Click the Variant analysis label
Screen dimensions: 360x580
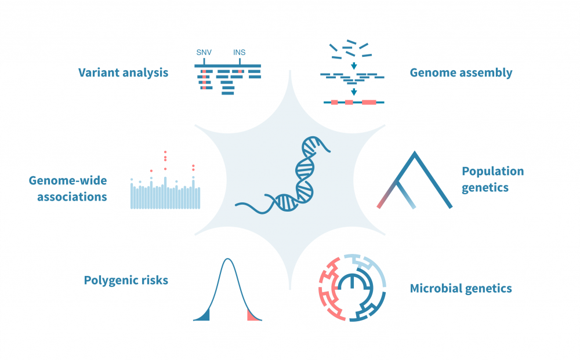(x=124, y=72)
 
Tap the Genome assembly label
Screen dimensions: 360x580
(x=461, y=72)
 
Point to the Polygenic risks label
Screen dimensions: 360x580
(x=126, y=281)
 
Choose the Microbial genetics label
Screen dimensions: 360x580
(x=461, y=288)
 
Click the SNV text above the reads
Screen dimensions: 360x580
(x=204, y=53)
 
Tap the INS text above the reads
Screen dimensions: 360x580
(x=239, y=53)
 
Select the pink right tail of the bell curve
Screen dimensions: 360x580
(x=252, y=315)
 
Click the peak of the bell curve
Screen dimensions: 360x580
(x=228, y=259)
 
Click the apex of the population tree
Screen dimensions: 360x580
(x=415, y=154)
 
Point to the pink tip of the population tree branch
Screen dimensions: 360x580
(x=380, y=205)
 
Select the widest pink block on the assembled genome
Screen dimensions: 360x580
(x=369, y=102)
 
